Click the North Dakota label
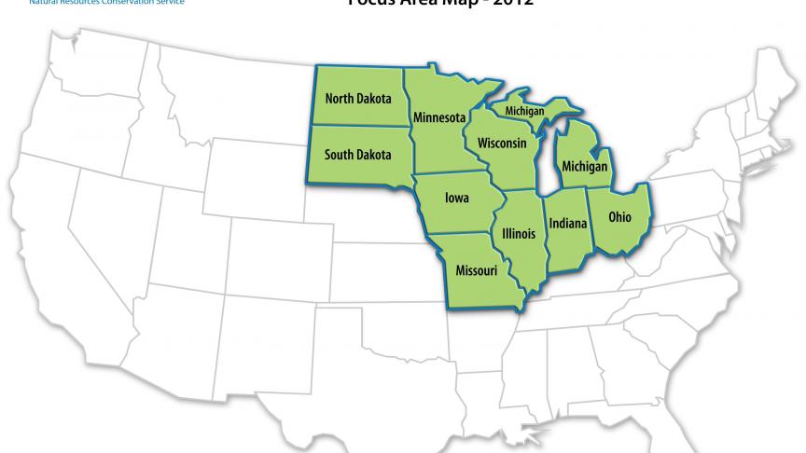pyautogui.click(x=358, y=98)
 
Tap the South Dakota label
pyautogui.click(x=358, y=155)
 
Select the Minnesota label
pyautogui.click(x=439, y=118)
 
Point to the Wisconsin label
pyautogui.click(x=502, y=144)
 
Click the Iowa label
pyautogui.click(x=457, y=198)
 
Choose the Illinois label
pyautogui.click(x=518, y=233)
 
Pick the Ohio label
pyautogui.click(x=619, y=217)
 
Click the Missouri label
pyautogui.click(x=477, y=270)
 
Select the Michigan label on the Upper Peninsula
pyautogui.click(x=524, y=111)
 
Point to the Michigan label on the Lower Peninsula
pyautogui.click(x=585, y=167)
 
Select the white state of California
pyautogui.click(x=65, y=252)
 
